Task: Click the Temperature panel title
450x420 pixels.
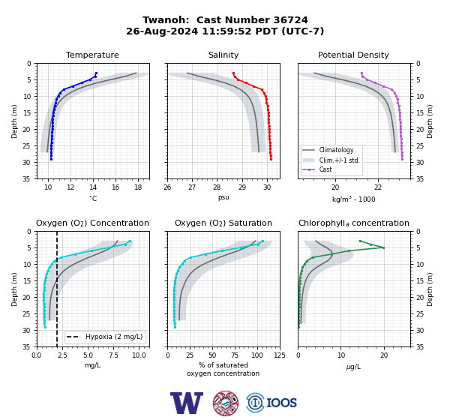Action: coord(92,55)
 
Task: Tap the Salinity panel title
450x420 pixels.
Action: coord(223,55)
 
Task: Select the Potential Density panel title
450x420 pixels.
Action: coord(353,55)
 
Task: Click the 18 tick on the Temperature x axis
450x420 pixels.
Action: coord(138,187)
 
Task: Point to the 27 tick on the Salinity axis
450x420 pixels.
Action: coord(192,187)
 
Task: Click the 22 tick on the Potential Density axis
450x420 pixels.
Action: coord(378,187)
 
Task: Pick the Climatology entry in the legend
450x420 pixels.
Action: coord(336,150)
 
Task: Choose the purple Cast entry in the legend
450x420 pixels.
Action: coord(325,169)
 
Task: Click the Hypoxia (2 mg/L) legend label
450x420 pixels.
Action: coord(114,337)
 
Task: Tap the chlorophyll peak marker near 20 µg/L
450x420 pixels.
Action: coord(383,247)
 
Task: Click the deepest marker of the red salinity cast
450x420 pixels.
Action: coord(271,159)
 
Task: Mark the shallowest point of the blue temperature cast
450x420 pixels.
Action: coord(96,73)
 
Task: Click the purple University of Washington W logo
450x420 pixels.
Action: coord(187,403)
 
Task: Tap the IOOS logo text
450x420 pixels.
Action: coord(281,403)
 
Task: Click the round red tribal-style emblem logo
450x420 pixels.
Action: coord(226,403)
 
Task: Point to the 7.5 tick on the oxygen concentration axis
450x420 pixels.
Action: coord(114,355)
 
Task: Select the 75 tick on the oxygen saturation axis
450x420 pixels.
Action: coord(235,355)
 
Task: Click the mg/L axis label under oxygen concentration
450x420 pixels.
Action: coord(92,365)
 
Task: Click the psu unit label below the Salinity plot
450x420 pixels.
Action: coord(223,197)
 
